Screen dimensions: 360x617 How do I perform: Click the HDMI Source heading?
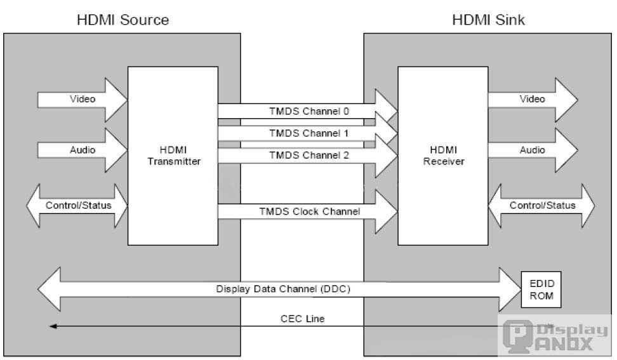pos(123,20)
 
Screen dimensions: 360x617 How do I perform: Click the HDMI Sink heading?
pos(488,20)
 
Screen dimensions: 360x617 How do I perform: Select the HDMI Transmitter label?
pos(173,156)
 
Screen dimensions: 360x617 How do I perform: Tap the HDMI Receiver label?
pos(442,156)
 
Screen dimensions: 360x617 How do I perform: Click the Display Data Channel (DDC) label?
pos(283,289)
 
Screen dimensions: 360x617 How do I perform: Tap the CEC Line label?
pos(302,319)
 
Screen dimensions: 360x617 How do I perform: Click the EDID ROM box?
pos(538,289)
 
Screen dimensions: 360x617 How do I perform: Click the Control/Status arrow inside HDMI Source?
pos(78,206)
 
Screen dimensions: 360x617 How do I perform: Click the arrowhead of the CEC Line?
pos(53,326)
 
